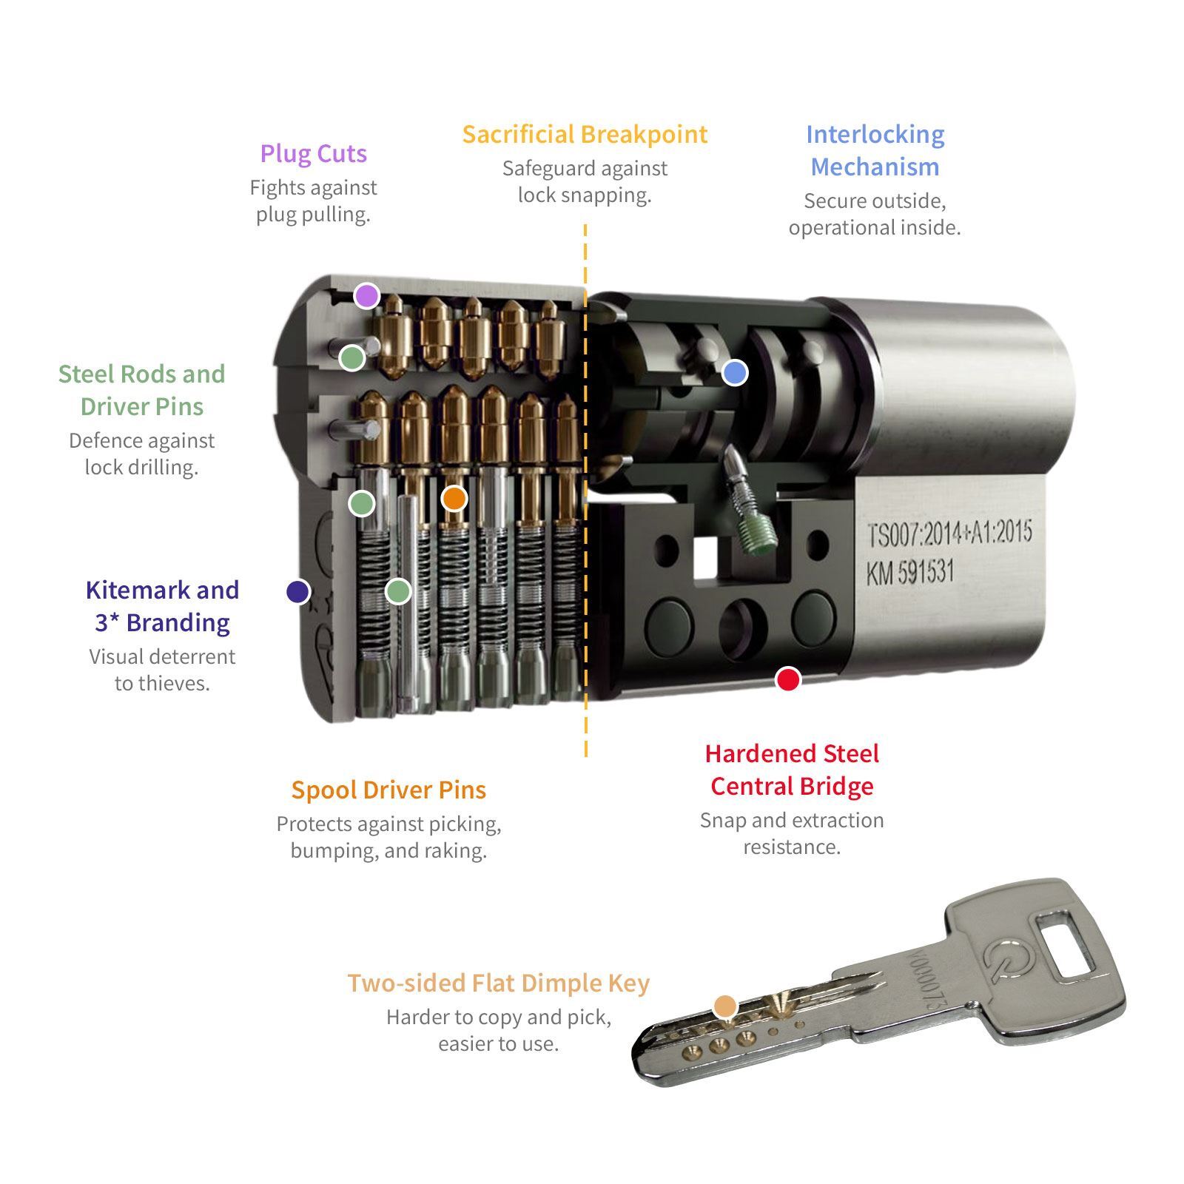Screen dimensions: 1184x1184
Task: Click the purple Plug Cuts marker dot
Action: coord(366,296)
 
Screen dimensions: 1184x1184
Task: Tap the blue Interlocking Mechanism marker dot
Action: coord(734,372)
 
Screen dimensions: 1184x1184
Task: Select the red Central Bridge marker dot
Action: coord(787,679)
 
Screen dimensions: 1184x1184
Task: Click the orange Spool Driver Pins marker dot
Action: coord(454,498)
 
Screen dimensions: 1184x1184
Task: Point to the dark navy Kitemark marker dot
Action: coord(297,591)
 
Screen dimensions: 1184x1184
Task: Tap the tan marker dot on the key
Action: coord(725,1006)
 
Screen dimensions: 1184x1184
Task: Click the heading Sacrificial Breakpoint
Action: coord(585,134)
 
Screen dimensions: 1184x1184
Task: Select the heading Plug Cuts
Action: coord(313,153)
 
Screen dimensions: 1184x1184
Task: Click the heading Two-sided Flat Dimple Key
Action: coord(498,983)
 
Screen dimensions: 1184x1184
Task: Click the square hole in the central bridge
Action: coord(705,556)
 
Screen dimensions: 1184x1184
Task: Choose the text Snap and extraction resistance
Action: coord(792,833)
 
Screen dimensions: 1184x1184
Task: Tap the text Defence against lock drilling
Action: coord(141,454)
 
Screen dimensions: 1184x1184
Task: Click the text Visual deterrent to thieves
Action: coord(162,670)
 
